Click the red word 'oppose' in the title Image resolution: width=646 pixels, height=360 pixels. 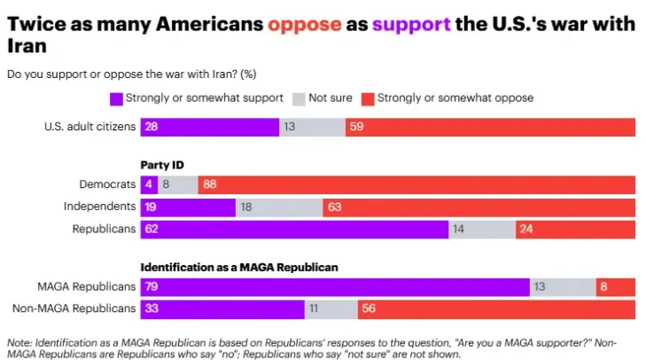pyautogui.click(x=304, y=26)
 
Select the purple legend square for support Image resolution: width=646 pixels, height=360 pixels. pyautogui.click(x=115, y=98)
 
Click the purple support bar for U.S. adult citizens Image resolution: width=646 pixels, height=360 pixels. pyautogui.click(x=209, y=127)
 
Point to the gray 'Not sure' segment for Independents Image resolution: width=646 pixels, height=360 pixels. pyautogui.click(x=279, y=207)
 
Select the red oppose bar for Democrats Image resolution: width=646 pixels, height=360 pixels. pyautogui.click(x=416, y=184)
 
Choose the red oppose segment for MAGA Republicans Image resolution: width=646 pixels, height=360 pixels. pyautogui.click(x=615, y=286)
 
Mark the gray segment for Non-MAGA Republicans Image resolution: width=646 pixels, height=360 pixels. pyautogui.click(x=331, y=309)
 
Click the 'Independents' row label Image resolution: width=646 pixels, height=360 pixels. pyautogui.click(x=100, y=207)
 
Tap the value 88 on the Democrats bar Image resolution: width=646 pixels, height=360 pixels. pyautogui.click(x=210, y=184)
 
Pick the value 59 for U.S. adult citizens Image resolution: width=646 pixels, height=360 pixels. pyautogui.click(x=356, y=127)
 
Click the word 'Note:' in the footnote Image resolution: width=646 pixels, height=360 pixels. pyautogui.click(x=19, y=342)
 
